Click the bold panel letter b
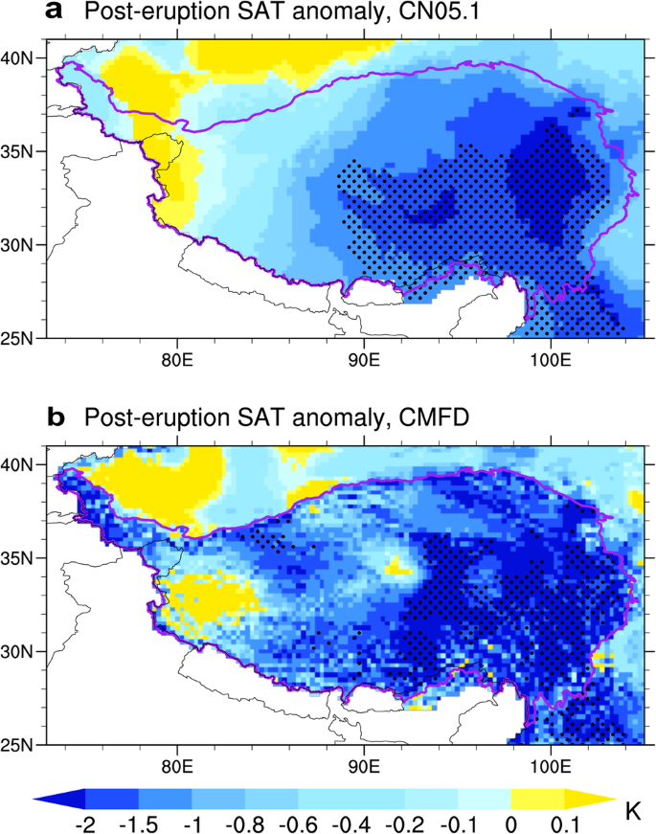(57, 418)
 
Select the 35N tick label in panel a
(19, 151)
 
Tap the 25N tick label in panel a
(19, 338)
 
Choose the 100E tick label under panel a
(550, 361)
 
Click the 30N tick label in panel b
(19, 651)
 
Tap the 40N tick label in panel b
(19, 464)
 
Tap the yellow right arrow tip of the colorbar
(594, 797)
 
